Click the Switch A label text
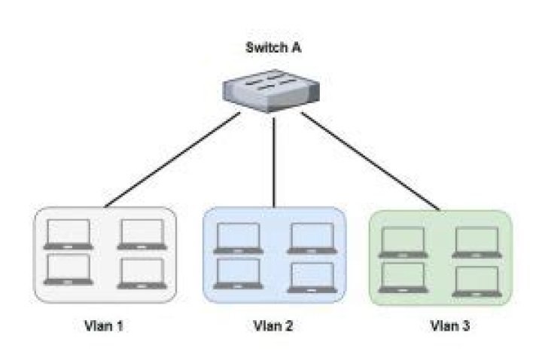(274, 48)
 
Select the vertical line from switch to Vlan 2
(273, 158)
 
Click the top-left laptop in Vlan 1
(69, 234)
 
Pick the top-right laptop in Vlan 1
(142, 234)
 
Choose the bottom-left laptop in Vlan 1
(69, 269)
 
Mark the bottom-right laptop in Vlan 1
(142, 273)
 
